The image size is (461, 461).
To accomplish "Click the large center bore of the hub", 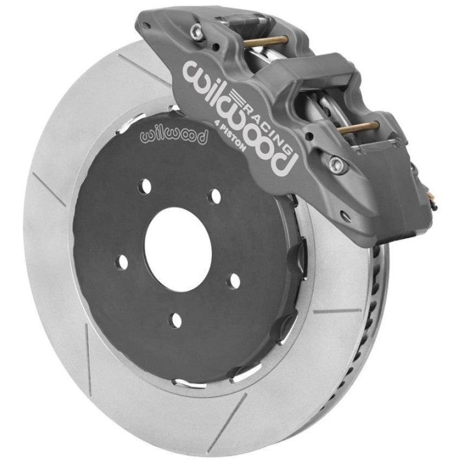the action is (x=178, y=250).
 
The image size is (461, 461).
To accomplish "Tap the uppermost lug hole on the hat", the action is (x=144, y=186).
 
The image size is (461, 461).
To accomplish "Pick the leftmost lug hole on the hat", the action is (x=122, y=263).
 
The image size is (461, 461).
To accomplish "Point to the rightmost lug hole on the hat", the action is (x=233, y=281).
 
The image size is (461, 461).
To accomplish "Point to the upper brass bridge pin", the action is (x=264, y=41).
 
